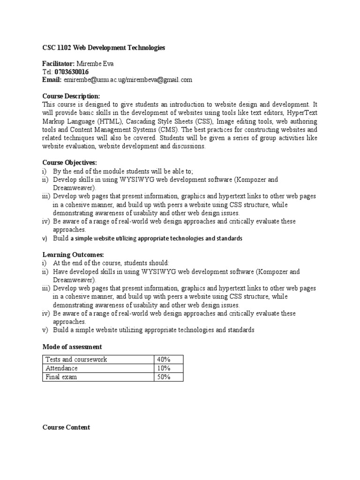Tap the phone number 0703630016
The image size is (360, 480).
(x=72, y=72)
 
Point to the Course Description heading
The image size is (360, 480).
(x=71, y=96)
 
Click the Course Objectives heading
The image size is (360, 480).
(x=70, y=163)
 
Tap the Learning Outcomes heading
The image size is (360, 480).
(x=73, y=255)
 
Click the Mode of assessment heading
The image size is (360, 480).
(x=72, y=347)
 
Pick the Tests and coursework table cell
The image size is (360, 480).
(x=76, y=360)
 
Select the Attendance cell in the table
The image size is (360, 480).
(x=61, y=368)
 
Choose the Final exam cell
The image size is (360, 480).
(x=61, y=377)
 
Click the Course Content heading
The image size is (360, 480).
(x=66, y=427)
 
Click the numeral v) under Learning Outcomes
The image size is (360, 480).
(x=45, y=330)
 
